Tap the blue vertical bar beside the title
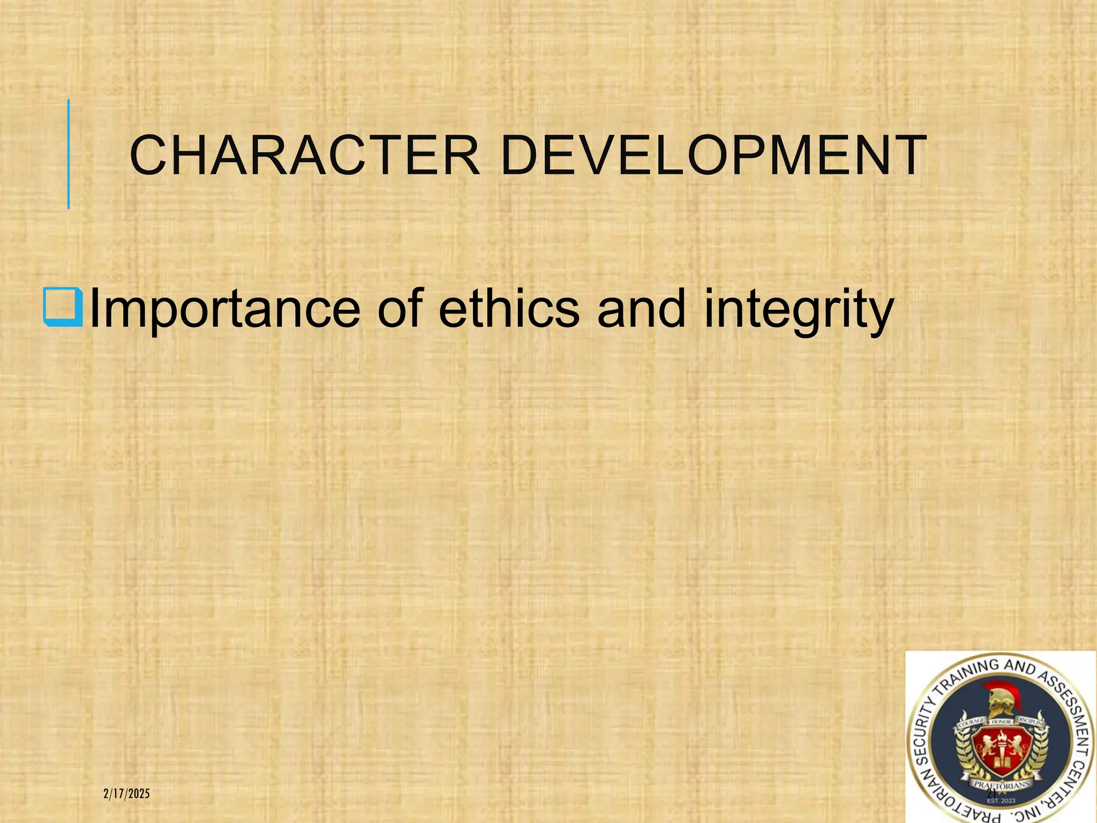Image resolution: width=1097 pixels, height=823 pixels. click(x=69, y=154)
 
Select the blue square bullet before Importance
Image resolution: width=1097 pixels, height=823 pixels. click(x=63, y=308)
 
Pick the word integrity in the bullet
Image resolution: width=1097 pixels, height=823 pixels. click(x=798, y=311)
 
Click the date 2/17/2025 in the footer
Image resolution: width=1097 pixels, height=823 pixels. click(x=126, y=794)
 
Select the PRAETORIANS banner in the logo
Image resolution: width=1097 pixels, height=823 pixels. click(x=1001, y=785)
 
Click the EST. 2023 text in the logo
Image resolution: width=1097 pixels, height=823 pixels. click(x=1001, y=800)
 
